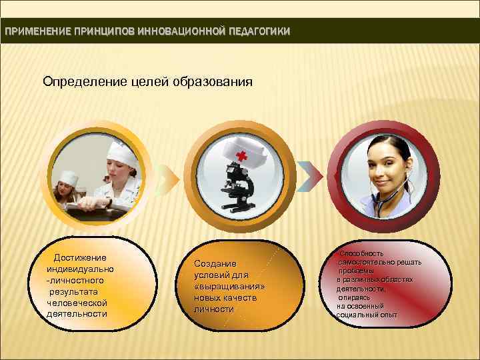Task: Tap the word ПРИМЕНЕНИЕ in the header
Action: tap(29, 32)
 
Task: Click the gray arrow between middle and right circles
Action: tap(306, 175)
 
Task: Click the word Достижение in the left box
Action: tap(80, 257)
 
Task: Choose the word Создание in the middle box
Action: tap(215, 263)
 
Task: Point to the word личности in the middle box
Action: tap(213, 309)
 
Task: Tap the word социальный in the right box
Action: tap(355, 314)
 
